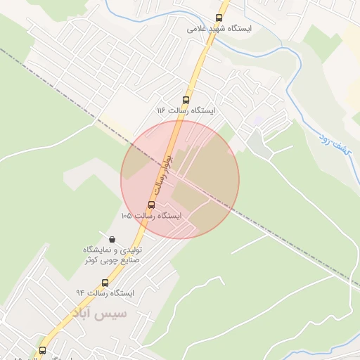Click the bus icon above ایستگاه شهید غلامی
tap(219, 18)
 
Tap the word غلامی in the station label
tap(199, 30)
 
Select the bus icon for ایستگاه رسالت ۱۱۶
tap(186, 100)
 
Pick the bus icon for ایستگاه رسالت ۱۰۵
tap(151, 205)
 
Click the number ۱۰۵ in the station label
tap(127, 215)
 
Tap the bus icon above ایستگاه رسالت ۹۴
tap(105, 282)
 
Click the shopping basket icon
tap(112, 239)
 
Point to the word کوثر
tap(91, 260)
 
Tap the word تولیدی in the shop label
tap(132, 250)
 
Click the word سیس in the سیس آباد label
tap(114, 313)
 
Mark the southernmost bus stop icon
tap(42, 349)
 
